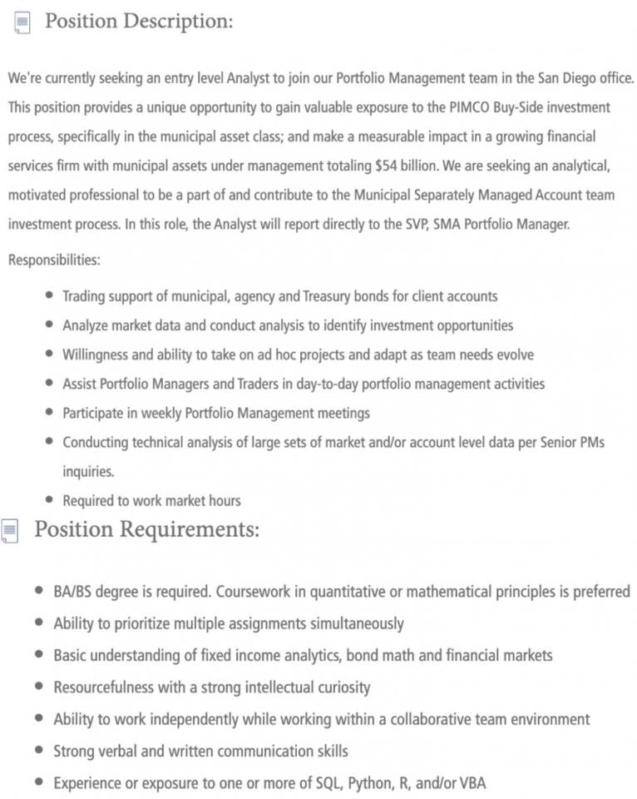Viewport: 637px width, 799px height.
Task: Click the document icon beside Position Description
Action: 22,23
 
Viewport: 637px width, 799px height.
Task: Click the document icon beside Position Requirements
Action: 10,530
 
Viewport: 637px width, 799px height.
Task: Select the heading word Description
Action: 178,22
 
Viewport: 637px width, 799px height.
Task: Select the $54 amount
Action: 384,166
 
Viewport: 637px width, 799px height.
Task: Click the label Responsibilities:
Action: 54,261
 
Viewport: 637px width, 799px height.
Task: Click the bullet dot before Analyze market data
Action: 50,325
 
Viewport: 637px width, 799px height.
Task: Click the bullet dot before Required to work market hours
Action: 50,500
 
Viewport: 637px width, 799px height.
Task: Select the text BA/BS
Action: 74,592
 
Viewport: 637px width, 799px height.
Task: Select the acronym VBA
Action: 471,783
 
